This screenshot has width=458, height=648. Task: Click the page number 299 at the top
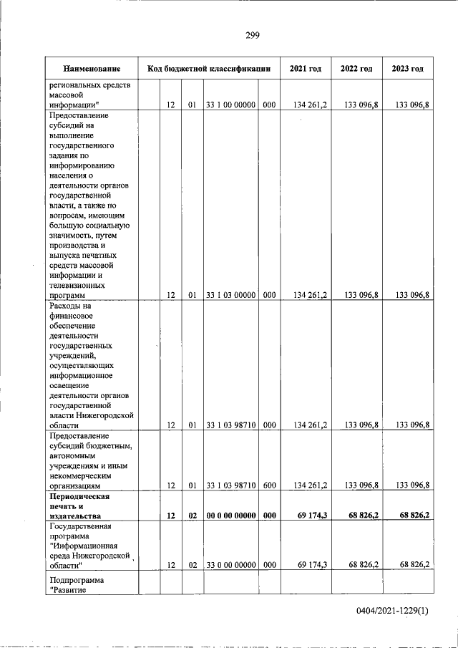tap(251, 35)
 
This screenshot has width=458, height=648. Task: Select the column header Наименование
tap(91, 69)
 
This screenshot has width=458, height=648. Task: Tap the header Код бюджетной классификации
tap(208, 69)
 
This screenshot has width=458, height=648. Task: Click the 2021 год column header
tap(305, 69)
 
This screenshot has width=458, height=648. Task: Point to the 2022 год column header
tap(356, 69)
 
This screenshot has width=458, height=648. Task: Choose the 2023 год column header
tap(407, 69)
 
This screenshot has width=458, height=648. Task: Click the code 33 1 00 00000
tap(230, 105)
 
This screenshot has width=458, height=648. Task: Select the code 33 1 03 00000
tap(230, 294)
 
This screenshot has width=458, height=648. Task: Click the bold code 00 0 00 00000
tap(230, 516)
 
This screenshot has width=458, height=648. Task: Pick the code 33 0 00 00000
tap(230, 565)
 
